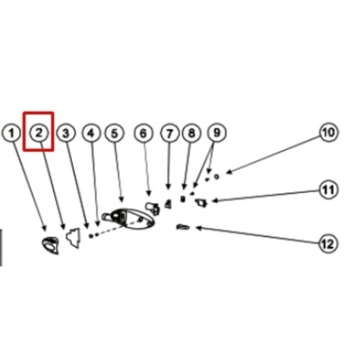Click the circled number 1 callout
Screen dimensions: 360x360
pyautogui.click(x=11, y=132)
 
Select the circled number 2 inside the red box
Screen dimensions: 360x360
pyautogui.click(x=39, y=132)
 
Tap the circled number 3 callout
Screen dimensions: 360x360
pyautogui.click(x=66, y=132)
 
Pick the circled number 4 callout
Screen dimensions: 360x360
pyautogui.click(x=91, y=132)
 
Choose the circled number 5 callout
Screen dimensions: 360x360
pyautogui.click(x=114, y=132)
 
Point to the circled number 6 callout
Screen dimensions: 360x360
pyautogui.click(x=143, y=132)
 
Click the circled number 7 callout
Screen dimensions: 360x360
pyautogui.click(x=170, y=132)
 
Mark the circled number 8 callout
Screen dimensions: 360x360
pyautogui.click(x=192, y=132)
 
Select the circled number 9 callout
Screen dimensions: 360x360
pyautogui.click(x=217, y=132)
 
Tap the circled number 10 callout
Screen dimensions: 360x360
pyautogui.click(x=328, y=132)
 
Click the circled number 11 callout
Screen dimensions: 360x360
pyautogui.click(x=328, y=189)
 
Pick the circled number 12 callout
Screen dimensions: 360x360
pyautogui.click(x=328, y=244)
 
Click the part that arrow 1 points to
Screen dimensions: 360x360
pyautogui.click(x=50, y=245)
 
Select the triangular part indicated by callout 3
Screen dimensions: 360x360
pyautogui.click(x=73, y=238)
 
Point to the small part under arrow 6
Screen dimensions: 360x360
pyautogui.click(x=153, y=208)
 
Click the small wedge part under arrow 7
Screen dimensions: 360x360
pyautogui.click(x=168, y=204)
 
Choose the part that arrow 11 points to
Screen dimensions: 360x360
pyautogui.click(x=201, y=203)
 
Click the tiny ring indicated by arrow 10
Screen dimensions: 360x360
pyautogui.click(x=217, y=176)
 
